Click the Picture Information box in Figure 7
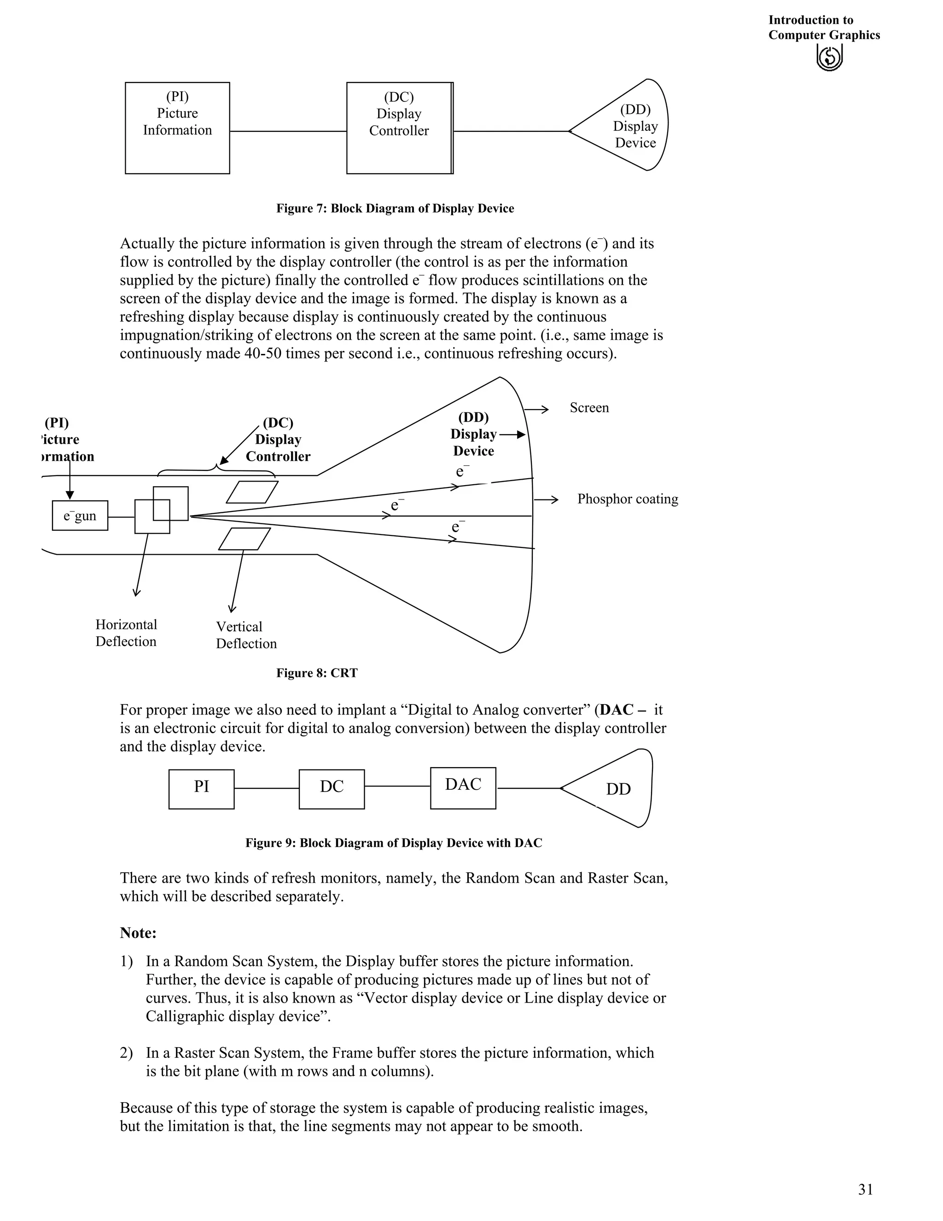pyautogui.click(x=177, y=128)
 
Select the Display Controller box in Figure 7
pyautogui.click(x=399, y=128)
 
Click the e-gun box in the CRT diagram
pyautogui.click(x=80, y=516)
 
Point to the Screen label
pyautogui.click(x=589, y=408)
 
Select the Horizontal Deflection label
pyautogui.click(x=126, y=633)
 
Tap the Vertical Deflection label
pyautogui.click(x=246, y=635)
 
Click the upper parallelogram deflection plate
pyautogui.click(x=252, y=492)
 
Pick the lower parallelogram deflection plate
pyautogui.click(x=244, y=539)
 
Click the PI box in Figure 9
pyautogui.click(x=201, y=789)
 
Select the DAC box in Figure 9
pyautogui.click(x=463, y=788)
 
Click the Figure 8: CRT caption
pyautogui.click(x=317, y=673)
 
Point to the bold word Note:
pyautogui.click(x=138, y=933)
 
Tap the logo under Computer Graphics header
pyautogui.click(x=829, y=58)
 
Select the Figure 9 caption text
pyautogui.click(x=394, y=843)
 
